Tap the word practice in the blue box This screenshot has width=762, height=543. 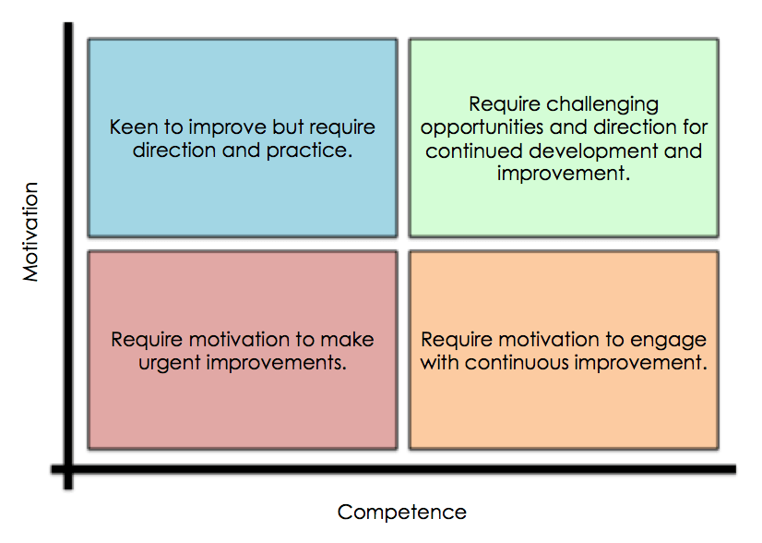[x=309, y=151]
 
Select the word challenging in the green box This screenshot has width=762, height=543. [x=602, y=104]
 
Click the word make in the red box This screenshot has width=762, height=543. [x=347, y=340]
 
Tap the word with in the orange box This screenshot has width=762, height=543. [x=440, y=363]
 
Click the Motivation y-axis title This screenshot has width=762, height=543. [x=30, y=232]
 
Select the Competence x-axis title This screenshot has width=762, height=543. [x=402, y=513]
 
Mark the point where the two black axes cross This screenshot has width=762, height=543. [x=68, y=469]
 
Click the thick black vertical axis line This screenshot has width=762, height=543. [x=68, y=256]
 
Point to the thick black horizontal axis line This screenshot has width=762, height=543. [x=394, y=469]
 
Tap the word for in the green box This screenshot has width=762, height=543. [x=695, y=127]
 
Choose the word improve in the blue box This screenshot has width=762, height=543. [x=228, y=128]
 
